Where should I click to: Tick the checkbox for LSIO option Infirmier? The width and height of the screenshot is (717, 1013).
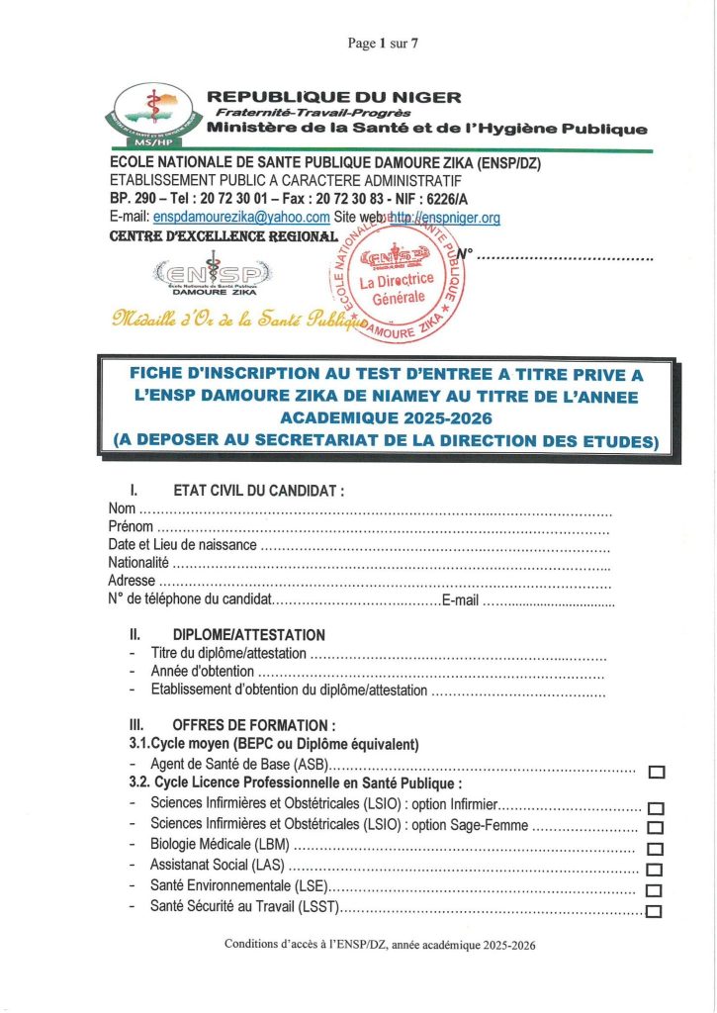point(655,809)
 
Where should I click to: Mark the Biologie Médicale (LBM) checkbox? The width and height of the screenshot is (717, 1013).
point(655,849)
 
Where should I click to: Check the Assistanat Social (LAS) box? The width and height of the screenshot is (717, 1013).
point(654,870)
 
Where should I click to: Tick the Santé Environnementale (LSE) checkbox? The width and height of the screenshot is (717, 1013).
point(654,890)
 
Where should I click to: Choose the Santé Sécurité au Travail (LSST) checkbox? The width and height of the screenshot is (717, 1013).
point(653,911)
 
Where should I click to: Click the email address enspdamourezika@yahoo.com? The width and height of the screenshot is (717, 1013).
point(241,218)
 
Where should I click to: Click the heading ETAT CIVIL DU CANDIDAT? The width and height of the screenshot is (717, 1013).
point(258,490)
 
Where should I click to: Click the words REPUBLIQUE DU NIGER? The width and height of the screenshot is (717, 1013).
point(333,97)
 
